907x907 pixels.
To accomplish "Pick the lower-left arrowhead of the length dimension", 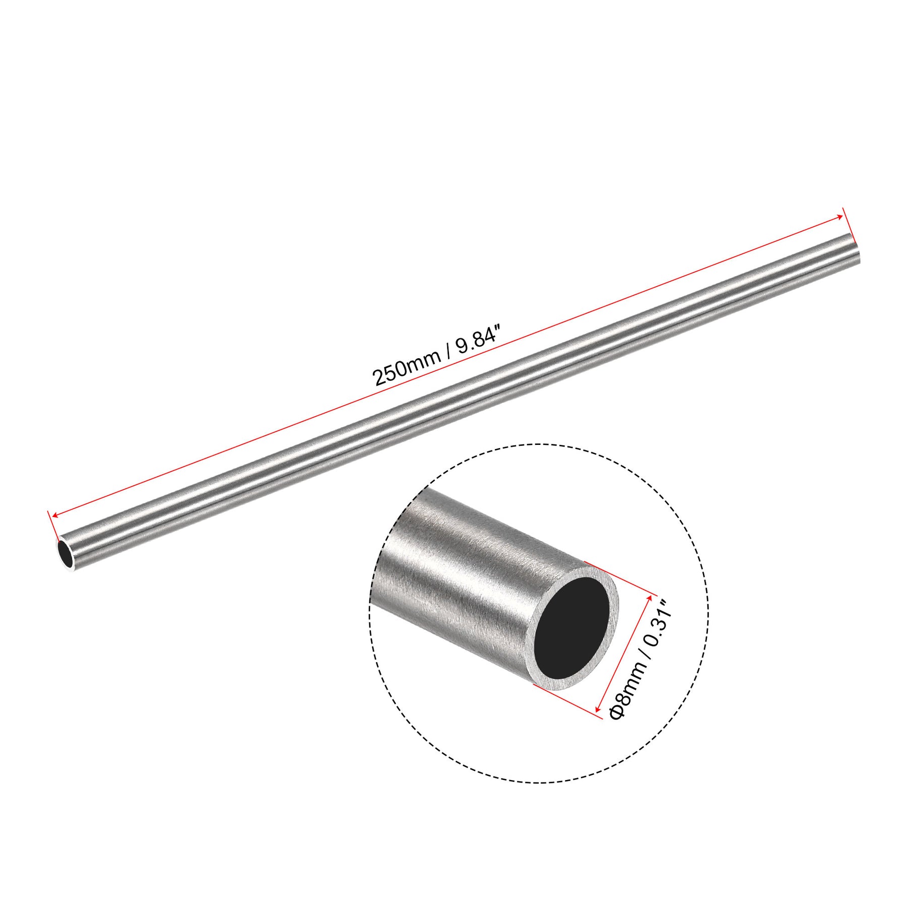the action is click(55, 515).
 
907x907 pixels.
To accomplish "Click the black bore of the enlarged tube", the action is click(572, 630).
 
